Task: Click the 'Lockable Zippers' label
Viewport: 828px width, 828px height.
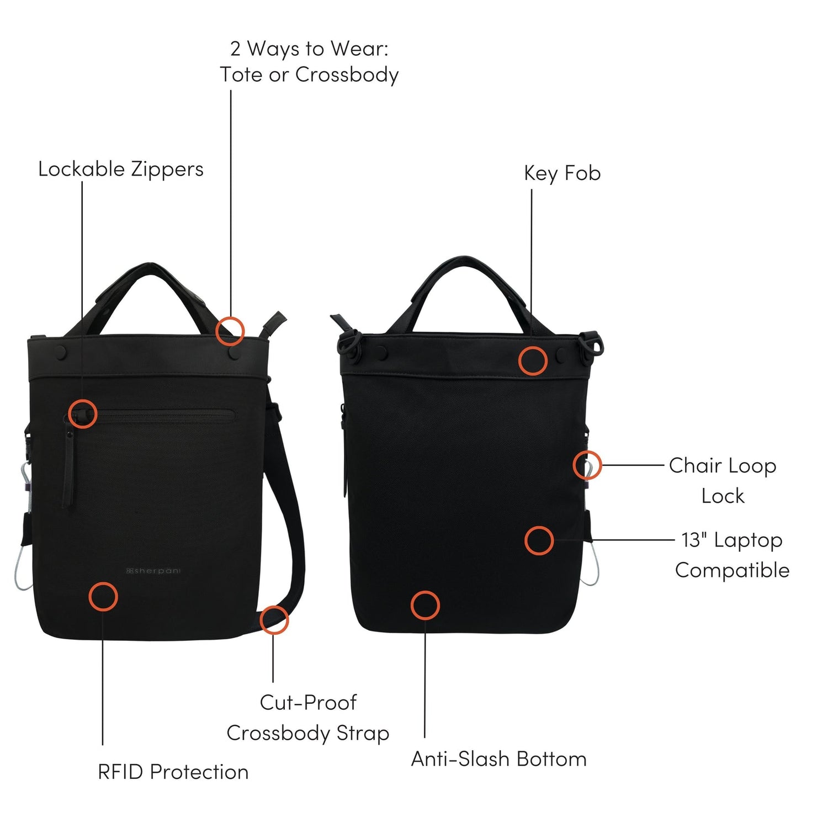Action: tap(121, 169)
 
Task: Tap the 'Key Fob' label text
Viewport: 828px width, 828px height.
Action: tap(562, 173)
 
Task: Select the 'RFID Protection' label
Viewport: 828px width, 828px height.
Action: tap(173, 772)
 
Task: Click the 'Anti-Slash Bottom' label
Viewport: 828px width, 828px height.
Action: tap(498, 759)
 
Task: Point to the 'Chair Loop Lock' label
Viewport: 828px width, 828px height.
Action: tap(723, 480)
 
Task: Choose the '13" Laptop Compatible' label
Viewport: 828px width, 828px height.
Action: tap(732, 555)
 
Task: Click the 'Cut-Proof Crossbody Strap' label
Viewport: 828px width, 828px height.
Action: tap(308, 718)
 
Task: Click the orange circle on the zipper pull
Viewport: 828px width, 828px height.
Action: tap(83, 414)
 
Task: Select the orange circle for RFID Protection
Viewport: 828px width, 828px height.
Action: tap(103, 596)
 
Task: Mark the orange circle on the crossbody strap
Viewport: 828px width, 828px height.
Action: tap(274, 619)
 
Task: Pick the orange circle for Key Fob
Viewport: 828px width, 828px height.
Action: tap(533, 362)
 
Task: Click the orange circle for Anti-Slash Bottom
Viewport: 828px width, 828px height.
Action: tap(425, 605)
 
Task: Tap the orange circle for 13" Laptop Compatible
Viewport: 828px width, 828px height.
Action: tap(539, 540)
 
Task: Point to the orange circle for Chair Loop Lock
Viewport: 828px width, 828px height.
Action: tap(587, 465)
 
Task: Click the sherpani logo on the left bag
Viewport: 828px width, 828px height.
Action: tap(153, 571)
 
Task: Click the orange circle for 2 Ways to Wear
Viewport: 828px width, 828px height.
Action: tap(230, 331)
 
